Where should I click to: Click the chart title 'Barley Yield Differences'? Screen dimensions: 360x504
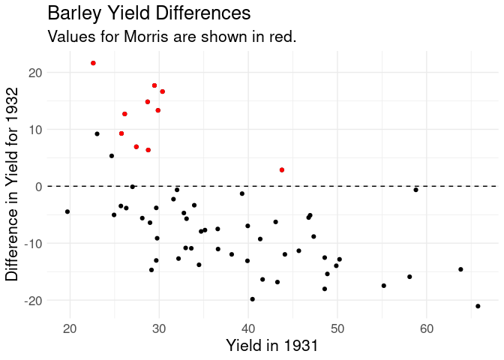click(x=148, y=13)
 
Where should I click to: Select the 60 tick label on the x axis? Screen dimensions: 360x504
click(x=426, y=328)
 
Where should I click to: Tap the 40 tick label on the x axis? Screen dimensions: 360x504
click(x=248, y=328)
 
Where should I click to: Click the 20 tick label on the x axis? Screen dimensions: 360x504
click(x=70, y=328)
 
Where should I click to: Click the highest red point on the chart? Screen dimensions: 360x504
click(x=93, y=63)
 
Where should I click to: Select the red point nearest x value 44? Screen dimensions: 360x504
click(x=282, y=170)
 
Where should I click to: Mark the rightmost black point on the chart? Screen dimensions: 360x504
click(x=478, y=306)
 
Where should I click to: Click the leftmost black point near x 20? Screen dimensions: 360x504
click(x=67, y=211)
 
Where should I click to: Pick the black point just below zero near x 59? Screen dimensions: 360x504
click(x=415, y=190)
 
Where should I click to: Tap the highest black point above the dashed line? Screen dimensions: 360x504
click(x=97, y=134)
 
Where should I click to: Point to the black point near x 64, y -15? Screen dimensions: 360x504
click(x=460, y=269)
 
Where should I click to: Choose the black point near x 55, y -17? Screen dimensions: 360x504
click(x=383, y=286)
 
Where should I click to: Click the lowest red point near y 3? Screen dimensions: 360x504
click(x=282, y=170)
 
